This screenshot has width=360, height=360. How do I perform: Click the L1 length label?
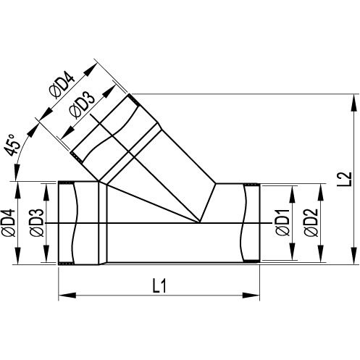point(159,285)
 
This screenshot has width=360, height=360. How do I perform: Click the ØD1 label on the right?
point(282,222)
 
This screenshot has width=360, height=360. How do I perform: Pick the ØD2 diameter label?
point(311,222)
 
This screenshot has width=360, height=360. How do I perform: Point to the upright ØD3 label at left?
point(36,222)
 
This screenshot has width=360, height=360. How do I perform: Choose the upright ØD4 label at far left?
point(9,222)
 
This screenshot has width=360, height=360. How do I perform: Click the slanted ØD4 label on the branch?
point(62,86)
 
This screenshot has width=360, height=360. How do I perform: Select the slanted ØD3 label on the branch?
point(82,106)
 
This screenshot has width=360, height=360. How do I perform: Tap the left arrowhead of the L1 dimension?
point(67,296)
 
